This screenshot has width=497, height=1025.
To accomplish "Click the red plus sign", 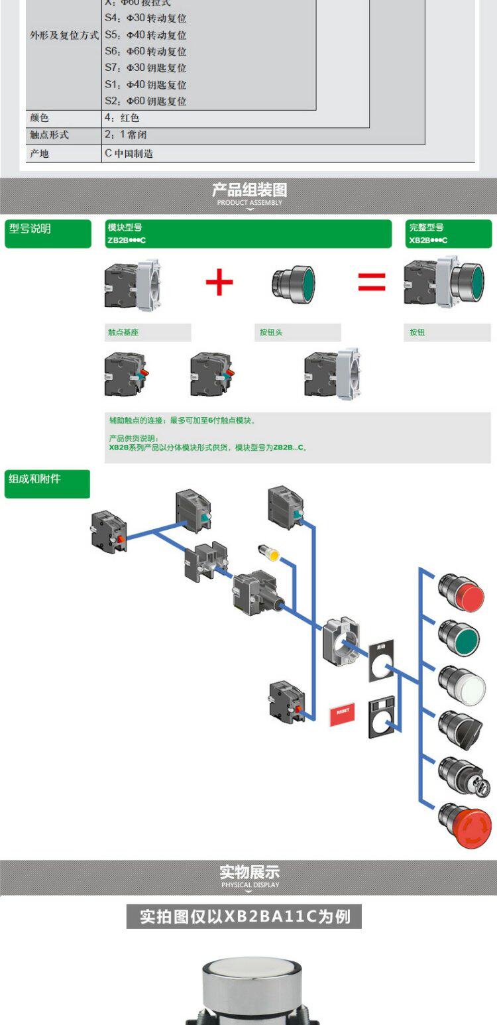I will coord(219,282).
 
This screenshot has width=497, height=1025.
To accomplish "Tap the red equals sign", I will coord(372,282).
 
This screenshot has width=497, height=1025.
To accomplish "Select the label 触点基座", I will coord(124,332).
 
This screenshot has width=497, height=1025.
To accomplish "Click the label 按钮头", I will coord(270,332).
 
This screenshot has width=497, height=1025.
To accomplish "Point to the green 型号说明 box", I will coord(48,234).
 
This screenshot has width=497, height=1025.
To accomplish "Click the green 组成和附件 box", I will coord(47,484).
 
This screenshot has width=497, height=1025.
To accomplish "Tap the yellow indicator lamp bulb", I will coord(268,552).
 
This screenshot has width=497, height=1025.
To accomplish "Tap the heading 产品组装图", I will coord(249,191).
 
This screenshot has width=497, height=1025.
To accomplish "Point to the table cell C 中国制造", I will coord(129,153).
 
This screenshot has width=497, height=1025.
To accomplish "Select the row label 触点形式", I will coord(49,135).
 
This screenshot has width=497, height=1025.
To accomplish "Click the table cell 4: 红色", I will coord(123,118).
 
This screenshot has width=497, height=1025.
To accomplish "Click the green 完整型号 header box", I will coord(449,234).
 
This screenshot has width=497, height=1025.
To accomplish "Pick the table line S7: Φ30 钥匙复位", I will coord(146,68).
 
